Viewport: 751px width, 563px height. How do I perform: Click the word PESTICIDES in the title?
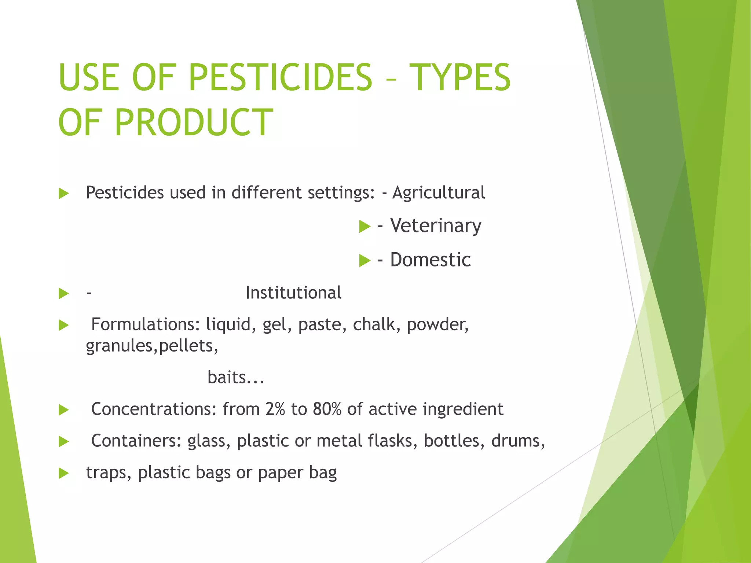tap(281, 77)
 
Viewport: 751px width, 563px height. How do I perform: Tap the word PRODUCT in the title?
tap(194, 122)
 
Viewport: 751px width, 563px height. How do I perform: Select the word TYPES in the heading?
tap(460, 77)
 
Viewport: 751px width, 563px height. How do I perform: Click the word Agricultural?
tap(438, 193)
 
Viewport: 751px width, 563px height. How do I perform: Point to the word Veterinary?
tap(436, 225)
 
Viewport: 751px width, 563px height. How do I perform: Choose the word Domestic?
tap(430, 260)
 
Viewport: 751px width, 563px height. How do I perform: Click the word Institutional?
tap(293, 293)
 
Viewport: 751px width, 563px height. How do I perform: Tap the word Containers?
tap(136, 441)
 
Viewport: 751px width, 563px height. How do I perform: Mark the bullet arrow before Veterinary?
tap(364, 226)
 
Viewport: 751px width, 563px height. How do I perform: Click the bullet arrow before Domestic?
tap(364, 261)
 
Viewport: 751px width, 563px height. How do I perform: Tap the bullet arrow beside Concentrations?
tap(64, 410)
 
